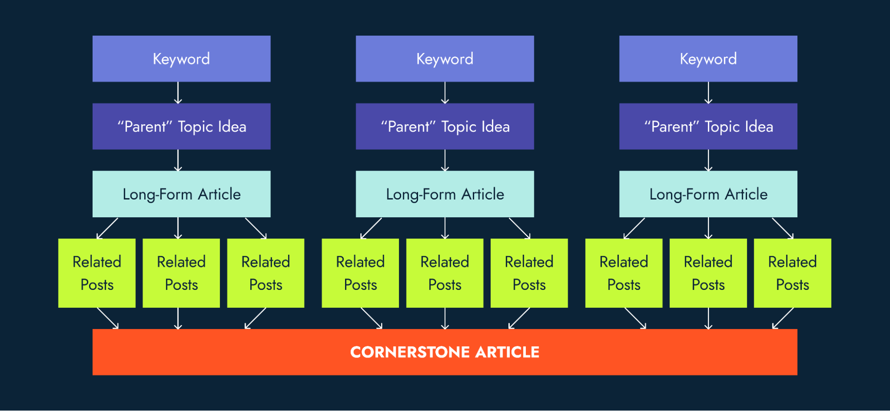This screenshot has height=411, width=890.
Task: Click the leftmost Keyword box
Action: pos(181,59)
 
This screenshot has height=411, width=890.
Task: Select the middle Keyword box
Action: pos(445,59)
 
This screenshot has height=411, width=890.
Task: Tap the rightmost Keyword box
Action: pos(708,59)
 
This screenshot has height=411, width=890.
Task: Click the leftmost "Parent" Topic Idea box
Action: pos(181,126)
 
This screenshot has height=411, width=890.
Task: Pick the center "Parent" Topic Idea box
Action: pos(445,126)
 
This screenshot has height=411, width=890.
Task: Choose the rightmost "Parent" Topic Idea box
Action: pos(708,126)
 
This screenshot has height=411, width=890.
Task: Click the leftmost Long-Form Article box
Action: pos(181,194)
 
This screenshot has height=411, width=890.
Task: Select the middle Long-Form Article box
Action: pos(445,194)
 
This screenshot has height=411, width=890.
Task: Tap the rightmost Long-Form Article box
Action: pos(708,194)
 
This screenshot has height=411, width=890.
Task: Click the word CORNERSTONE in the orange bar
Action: pos(410,352)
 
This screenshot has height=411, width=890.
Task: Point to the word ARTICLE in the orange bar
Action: pos(507,352)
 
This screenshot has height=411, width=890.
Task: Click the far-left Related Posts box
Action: pos(97,273)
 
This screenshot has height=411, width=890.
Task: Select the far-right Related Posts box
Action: pos(792,273)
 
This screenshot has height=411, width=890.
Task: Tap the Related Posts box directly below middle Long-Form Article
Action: pos(445,273)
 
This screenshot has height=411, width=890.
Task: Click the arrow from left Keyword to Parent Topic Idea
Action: pos(178,93)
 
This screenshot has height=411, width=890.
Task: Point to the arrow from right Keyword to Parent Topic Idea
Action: pos(708,93)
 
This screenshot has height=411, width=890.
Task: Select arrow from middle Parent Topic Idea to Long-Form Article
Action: pos(445,160)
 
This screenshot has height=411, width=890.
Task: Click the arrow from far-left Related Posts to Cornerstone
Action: pos(108,318)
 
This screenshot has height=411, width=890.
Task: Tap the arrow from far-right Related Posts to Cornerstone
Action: pos(783,318)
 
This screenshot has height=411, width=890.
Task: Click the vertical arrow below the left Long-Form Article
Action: pos(178,228)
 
